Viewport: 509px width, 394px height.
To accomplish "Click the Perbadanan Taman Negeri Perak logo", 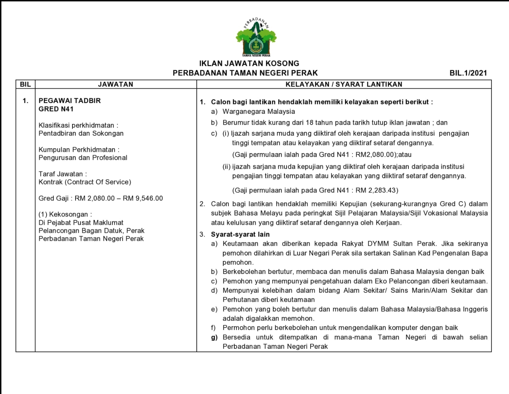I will (x=256, y=38).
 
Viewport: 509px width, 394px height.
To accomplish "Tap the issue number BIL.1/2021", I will (x=468, y=73).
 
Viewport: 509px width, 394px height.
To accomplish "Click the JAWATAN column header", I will (x=116, y=84).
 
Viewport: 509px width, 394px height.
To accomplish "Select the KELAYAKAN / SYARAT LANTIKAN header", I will (x=344, y=84).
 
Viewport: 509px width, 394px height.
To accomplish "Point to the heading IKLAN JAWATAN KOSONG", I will (x=249, y=63).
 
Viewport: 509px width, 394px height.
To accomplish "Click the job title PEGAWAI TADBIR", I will (x=70, y=101).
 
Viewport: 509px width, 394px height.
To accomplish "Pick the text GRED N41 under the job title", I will (x=56, y=109).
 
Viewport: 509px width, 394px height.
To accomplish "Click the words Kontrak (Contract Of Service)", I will (x=85, y=182).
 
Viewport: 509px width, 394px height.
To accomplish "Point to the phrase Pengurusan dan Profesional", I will (x=83, y=158).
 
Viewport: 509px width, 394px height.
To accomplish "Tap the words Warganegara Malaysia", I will (x=259, y=112).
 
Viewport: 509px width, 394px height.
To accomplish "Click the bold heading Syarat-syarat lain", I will (x=240, y=234).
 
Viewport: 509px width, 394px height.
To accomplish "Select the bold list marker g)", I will (x=214, y=337).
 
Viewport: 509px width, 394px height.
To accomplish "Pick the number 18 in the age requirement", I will (x=310, y=123).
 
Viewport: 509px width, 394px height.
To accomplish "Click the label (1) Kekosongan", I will (x=65, y=214).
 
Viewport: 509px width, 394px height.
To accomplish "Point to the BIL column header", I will (x=25, y=84).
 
